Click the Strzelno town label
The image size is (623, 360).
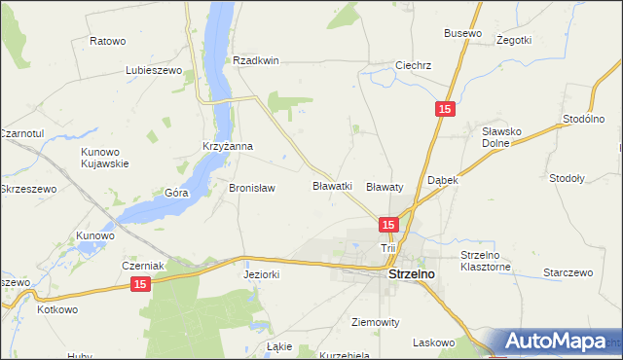pyautogui.click(x=411, y=275)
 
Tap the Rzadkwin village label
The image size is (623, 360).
pyautogui.click(x=256, y=60)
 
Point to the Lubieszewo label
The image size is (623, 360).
pyautogui.click(x=155, y=71)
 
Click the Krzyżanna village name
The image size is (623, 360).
pyautogui.click(x=227, y=147)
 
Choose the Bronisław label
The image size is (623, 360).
pyautogui.click(x=252, y=188)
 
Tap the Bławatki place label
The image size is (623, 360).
pyautogui.click(x=332, y=185)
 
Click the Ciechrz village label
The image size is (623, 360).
pyautogui.click(x=413, y=66)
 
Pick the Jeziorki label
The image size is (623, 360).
pyautogui.click(x=261, y=274)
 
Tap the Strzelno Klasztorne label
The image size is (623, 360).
pyautogui.click(x=486, y=261)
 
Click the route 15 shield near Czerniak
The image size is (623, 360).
pyautogui.click(x=141, y=283)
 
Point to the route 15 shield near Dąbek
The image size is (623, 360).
pyautogui.click(x=444, y=111)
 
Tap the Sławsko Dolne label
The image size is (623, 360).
pyautogui.click(x=504, y=136)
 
